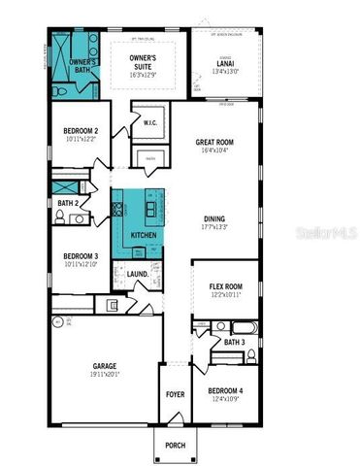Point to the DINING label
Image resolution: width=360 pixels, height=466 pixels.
click(215, 218)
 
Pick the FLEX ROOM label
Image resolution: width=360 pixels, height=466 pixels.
click(226, 286)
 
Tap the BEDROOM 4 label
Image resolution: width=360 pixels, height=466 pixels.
click(225, 391)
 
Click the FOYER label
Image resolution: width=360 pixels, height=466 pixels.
click(175, 394)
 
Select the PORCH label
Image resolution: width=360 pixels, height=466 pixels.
click(176, 446)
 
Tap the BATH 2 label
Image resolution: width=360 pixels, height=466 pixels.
click(67, 203)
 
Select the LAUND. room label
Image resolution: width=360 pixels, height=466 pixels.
click(138, 274)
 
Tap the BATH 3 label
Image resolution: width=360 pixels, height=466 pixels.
click(234, 342)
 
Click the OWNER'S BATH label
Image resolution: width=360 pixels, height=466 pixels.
click(82, 66)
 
